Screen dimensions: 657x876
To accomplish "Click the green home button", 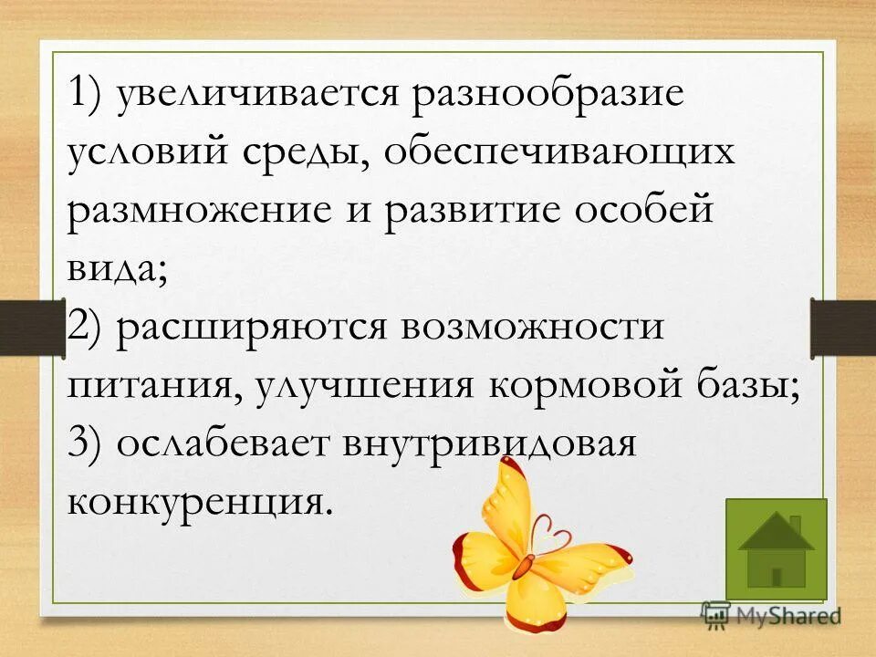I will (x=776, y=548).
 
